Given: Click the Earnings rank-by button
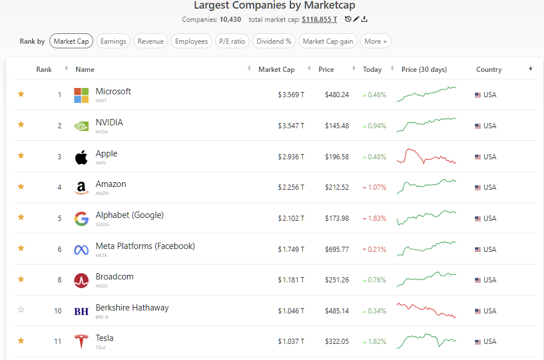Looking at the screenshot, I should [113, 41].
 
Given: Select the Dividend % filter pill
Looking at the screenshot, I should [274, 41].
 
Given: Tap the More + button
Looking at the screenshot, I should [376, 41].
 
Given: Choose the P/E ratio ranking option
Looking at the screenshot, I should [232, 41].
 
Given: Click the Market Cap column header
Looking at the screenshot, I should [276, 70].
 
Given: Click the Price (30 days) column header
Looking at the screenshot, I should [424, 70].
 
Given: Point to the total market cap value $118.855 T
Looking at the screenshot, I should [319, 20].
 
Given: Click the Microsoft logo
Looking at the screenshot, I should [81, 95].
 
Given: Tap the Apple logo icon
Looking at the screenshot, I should [81, 157].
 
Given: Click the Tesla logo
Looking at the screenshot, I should [81, 342].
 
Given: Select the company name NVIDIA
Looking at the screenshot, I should [109, 122].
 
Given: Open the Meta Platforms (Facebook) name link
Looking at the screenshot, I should [145, 246].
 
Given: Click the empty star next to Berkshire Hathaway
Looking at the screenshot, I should [21, 310].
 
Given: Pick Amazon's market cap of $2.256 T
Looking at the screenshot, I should [291, 187].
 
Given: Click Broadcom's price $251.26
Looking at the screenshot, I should [336, 280].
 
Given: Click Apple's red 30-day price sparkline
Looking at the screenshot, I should [426, 156].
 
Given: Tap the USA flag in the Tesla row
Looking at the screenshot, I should [478, 342].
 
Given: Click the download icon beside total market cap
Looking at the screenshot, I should [365, 20].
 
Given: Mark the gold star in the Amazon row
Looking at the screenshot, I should [21, 186].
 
